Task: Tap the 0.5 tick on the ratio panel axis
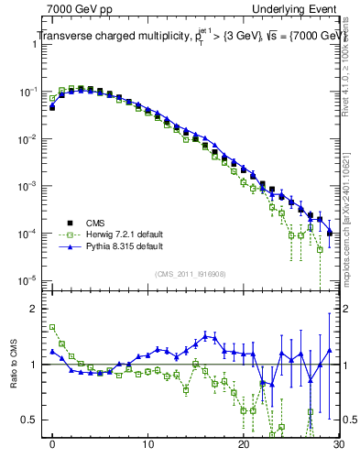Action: pos(34,420)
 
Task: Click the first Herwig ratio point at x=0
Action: pos(52,327)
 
